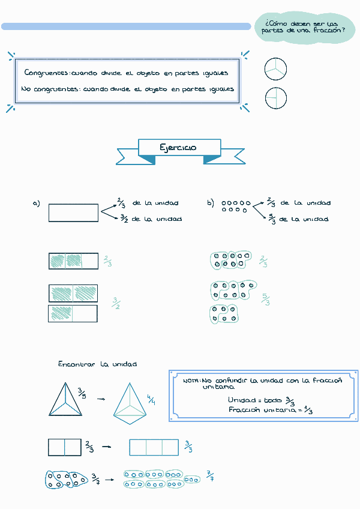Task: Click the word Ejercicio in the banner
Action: (x=178, y=148)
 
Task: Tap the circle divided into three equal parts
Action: (x=275, y=70)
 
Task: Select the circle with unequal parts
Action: (x=275, y=98)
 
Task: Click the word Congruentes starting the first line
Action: (x=47, y=73)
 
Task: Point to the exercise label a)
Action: (x=36, y=203)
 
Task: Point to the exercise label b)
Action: (x=211, y=203)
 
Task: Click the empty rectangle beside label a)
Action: (x=73, y=213)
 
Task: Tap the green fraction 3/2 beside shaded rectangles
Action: (x=116, y=304)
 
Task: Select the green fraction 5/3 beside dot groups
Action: (x=266, y=299)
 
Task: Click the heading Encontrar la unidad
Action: (x=97, y=364)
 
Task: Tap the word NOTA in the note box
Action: (x=191, y=381)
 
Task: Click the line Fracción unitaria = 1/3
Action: (x=271, y=410)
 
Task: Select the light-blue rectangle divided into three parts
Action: (x=154, y=447)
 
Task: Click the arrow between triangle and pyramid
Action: (x=101, y=399)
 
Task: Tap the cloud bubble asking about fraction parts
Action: (x=304, y=27)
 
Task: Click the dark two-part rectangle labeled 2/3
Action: (x=64, y=447)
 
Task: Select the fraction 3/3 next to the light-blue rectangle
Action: (x=188, y=447)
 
